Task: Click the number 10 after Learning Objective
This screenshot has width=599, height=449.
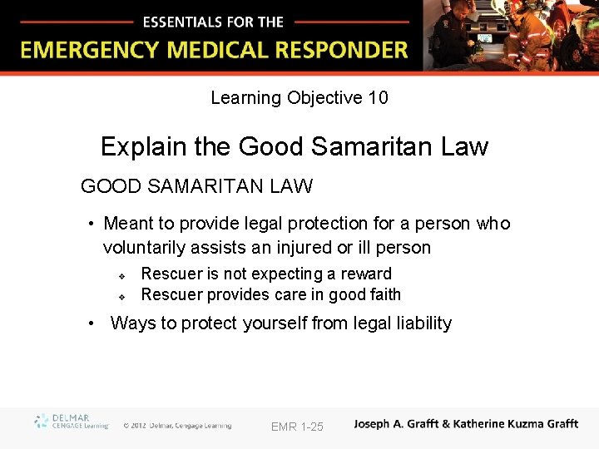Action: coord(378,98)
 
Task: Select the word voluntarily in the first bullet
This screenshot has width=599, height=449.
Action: coord(151,247)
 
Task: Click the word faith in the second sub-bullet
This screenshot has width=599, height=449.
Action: coord(384,294)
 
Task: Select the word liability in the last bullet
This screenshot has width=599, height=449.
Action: coord(420,323)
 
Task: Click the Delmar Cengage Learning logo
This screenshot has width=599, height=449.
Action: coord(72,422)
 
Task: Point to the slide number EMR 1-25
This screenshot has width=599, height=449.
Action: coord(297,427)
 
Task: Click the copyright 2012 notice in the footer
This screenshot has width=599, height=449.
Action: coord(176,426)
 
